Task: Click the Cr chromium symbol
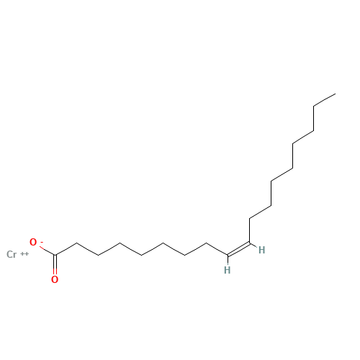[12, 254]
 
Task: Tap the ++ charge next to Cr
[24, 253]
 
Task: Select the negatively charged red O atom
[33, 242]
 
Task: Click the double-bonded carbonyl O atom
[55, 279]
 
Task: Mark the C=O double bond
[55, 264]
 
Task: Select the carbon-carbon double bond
[238, 250]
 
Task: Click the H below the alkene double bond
[228, 270]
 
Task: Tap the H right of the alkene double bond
[261, 250]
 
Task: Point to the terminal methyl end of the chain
[336, 94]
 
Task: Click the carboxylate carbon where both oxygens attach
[55, 255]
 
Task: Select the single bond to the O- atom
[48, 251]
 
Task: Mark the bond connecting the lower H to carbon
[228, 260]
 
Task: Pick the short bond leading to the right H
[253, 246]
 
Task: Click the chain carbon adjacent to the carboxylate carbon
[76, 243]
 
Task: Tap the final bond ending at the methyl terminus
[325, 100]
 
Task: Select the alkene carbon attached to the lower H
[228, 255]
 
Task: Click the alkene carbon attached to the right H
[250, 243]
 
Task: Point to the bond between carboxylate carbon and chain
[66, 249]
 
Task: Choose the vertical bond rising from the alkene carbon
[250, 230]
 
